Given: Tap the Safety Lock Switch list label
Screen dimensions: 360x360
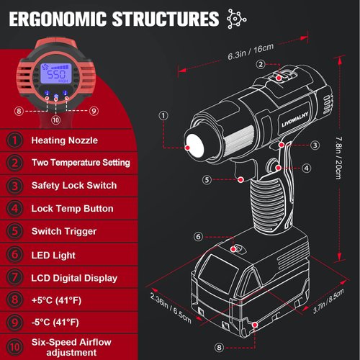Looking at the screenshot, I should coord(74,186).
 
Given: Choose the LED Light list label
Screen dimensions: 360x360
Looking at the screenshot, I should coord(53,255).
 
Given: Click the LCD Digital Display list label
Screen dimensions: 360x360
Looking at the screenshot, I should coord(74,278).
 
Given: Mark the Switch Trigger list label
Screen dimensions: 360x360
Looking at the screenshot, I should coord(64,232).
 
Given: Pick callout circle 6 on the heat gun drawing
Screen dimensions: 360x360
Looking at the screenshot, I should coord(199,235).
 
